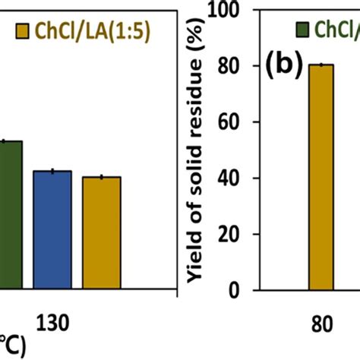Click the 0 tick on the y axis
coord(245,291)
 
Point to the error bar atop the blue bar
coord(52,171)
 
